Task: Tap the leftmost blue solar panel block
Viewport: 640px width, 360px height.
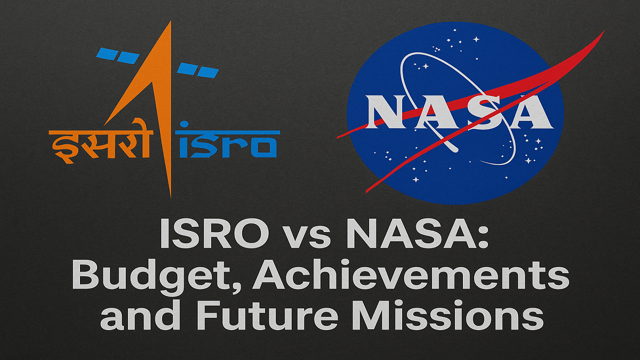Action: point(106,54)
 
